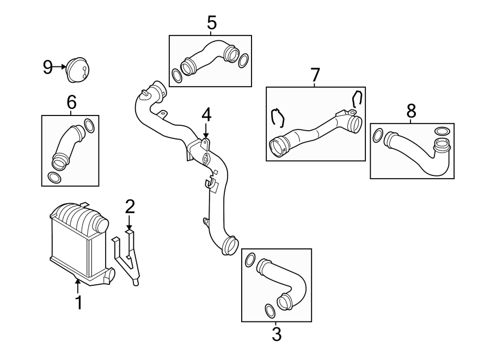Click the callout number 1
(78, 302)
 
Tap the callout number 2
(130, 206)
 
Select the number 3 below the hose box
(276, 334)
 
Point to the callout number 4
(206, 115)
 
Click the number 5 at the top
(212, 23)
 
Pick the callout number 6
(71, 102)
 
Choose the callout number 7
(315, 75)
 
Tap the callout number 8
(411, 111)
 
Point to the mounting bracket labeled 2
(127, 256)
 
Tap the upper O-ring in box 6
(90, 126)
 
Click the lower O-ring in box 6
(54, 178)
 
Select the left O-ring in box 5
(177, 76)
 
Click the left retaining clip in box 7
(278, 117)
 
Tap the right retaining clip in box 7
(357, 98)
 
